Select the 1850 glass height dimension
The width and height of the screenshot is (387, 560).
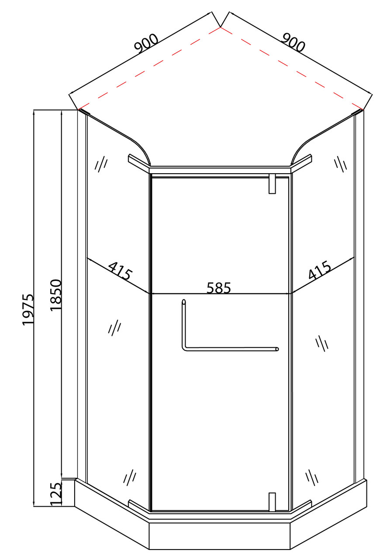(55, 295)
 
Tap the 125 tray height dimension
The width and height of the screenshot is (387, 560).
(55, 494)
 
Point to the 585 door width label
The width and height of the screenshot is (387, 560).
(219, 288)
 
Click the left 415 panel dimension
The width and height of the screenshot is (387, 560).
(120, 271)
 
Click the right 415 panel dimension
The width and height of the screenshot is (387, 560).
(320, 270)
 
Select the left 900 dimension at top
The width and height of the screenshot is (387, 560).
(146, 43)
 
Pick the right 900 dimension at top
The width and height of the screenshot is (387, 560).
(293, 42)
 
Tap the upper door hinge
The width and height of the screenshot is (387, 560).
(272, 184)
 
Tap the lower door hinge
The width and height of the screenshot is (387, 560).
(272, 502)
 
